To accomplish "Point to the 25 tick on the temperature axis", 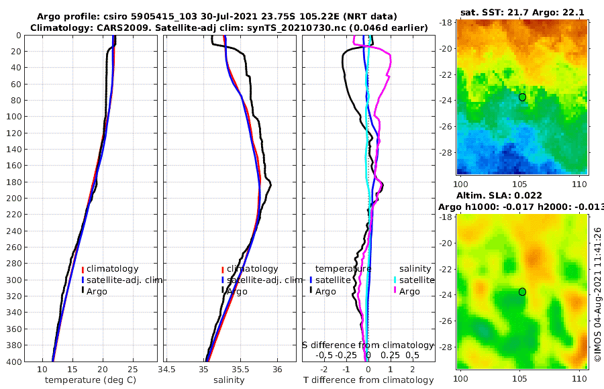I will (x=132, y=368).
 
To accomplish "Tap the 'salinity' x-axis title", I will (x=228, y=380).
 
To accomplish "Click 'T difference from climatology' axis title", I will (x=368, y=380).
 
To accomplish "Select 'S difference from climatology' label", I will (x=368, y=345).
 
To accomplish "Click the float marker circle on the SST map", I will (x=522, y=97).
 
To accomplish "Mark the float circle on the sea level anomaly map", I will (x=522, y=292).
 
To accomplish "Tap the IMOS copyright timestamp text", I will (x=597, y=295).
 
